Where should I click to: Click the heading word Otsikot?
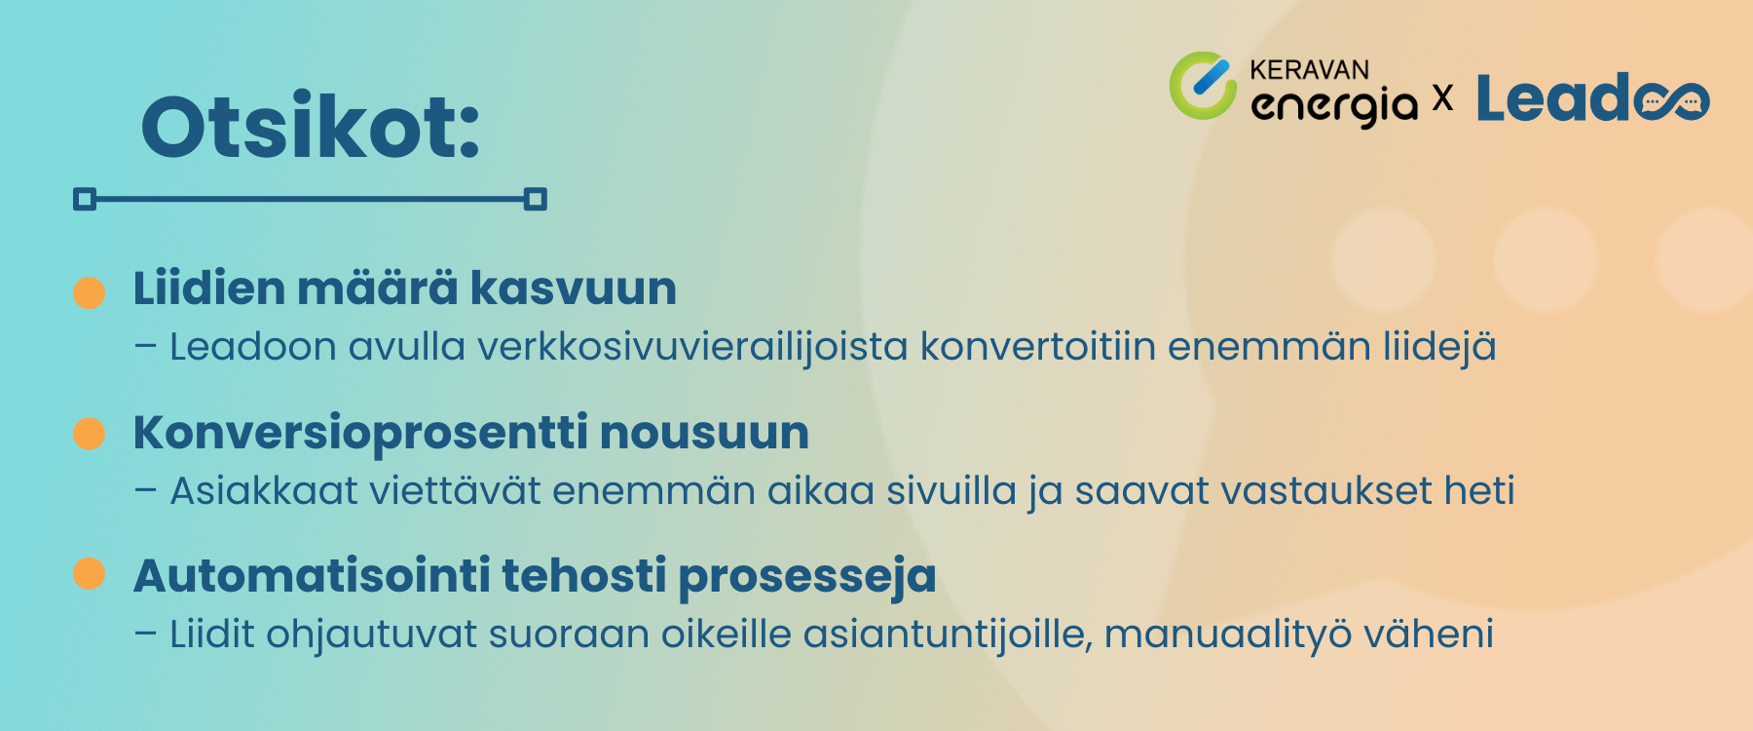coord(310,128)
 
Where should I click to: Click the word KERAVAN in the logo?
coord(1309,70)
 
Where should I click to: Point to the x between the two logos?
coord(1442,98)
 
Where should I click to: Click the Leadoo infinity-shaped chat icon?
coord(1671,101)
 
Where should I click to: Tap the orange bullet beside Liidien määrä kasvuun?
coord(90,292)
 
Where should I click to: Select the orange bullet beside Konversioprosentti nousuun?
coord(90,434)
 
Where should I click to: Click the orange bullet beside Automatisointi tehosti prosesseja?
coord(90,574)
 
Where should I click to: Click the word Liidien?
coord(208,289)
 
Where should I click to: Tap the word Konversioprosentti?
coord(360,433)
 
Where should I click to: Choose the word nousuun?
coord(704,433)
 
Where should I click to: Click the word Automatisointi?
coord(312,575)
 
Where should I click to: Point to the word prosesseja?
coord(807,577)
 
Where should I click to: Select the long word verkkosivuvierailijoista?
coord(692,347)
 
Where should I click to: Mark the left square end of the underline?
coord(85,200)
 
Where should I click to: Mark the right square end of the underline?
coord(535,200)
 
